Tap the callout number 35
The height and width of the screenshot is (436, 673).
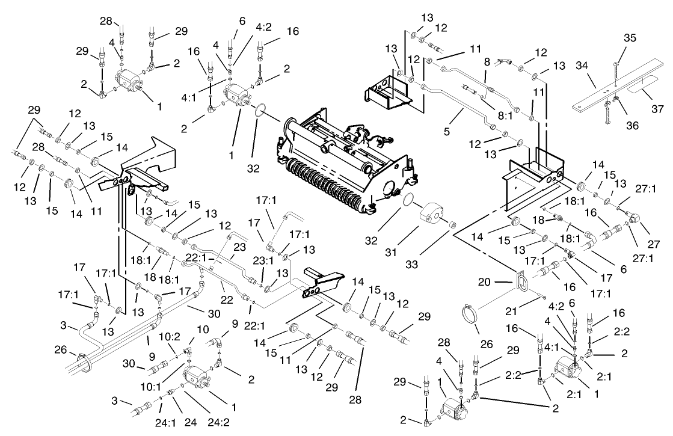click(x=629, y=37)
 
